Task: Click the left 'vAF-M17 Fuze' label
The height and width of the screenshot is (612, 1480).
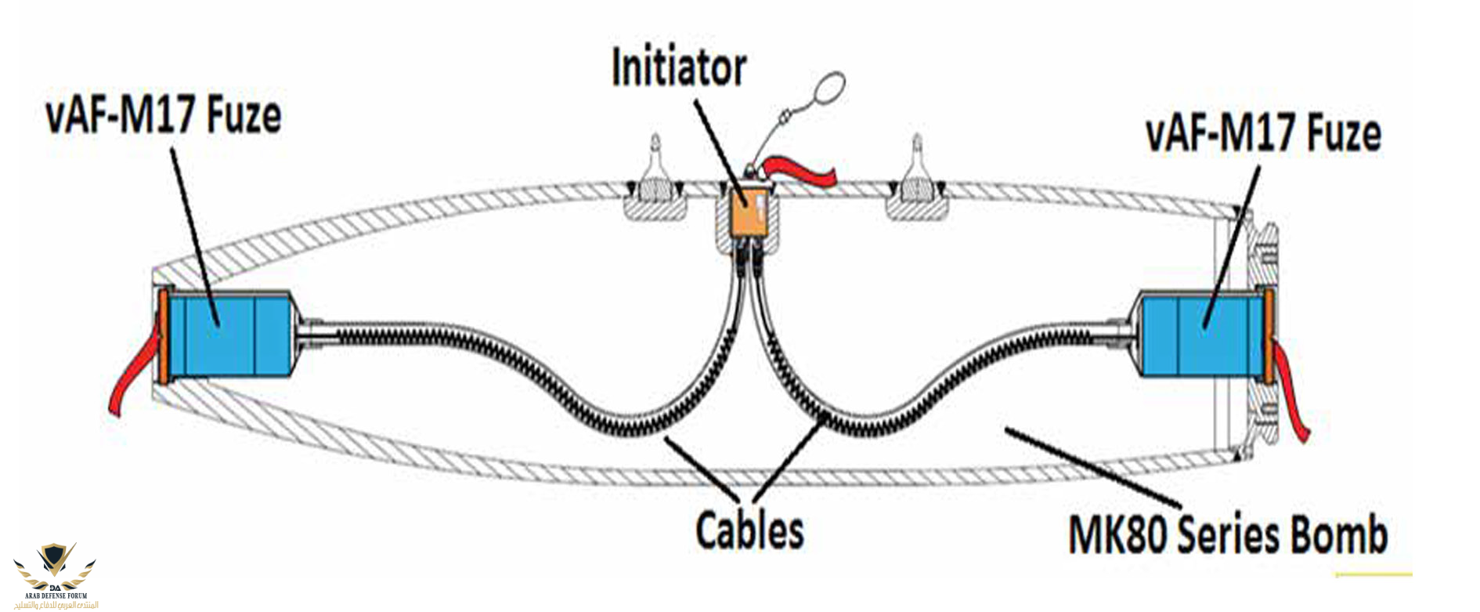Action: pyautogui.click(x=164, y=115)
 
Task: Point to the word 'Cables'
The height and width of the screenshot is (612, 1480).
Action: pyautogui.click(x=749, y=530)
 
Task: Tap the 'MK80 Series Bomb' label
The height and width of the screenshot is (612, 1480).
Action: pyautogui.click(x=1227, y=535)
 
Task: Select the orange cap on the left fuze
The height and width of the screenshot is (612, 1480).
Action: pyautogui.click(x=162, y=338)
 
